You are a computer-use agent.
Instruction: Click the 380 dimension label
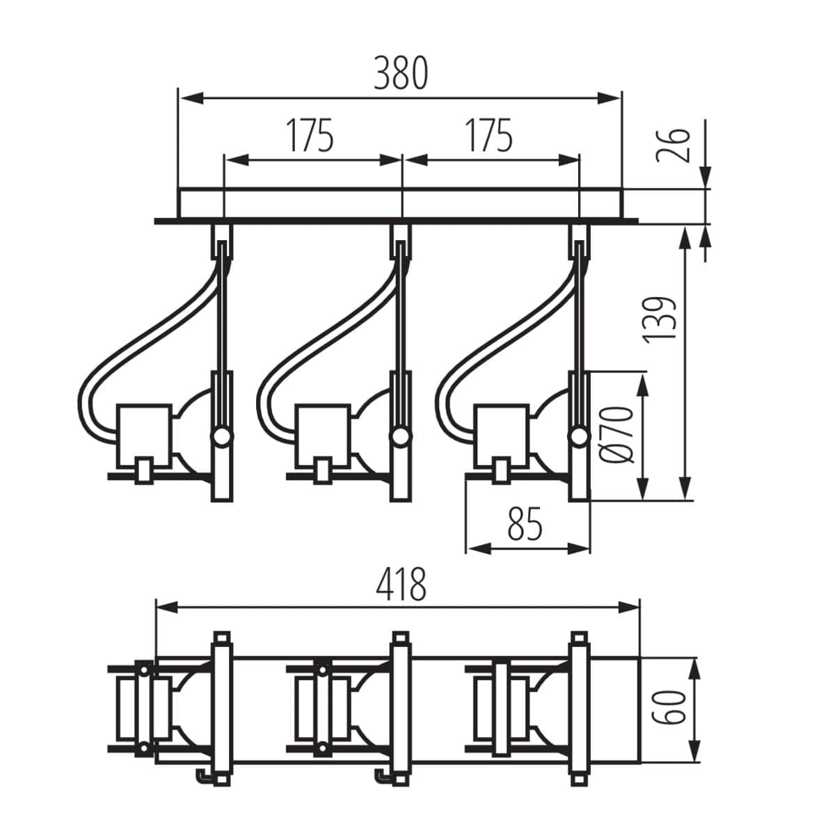click(400, 74)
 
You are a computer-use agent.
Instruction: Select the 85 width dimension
click(525, 524)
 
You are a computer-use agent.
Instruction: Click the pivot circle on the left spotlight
click(221, 437)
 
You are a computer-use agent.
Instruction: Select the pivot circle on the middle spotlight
click(399, 437)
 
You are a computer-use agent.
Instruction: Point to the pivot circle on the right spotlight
click(578, 437)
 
